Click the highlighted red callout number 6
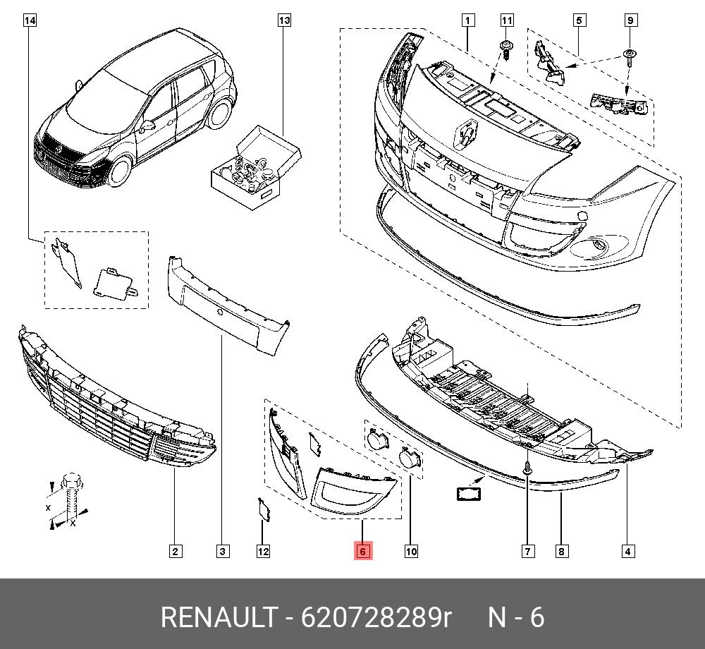pos(363,551)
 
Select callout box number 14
pos(30,20)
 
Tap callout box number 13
pos(284,20)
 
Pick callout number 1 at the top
pos(467,20)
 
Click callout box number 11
pos(507,20)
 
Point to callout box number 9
pos(630,20)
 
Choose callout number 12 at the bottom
pos(263,551)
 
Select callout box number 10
pos(411,551)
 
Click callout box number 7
pos(528,551)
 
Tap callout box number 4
pos(628,551)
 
